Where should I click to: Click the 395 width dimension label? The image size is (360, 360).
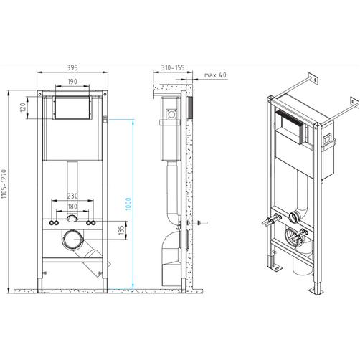[x=72, y=67]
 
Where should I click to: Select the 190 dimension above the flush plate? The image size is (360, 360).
[x=72, y=82]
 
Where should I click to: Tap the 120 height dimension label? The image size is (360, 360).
[x=23, y=108]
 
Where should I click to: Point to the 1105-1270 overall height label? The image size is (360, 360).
[x=4, y=184]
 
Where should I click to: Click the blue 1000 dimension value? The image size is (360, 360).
[x=128, y=204]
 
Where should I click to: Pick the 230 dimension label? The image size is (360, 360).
[x=72, y=196]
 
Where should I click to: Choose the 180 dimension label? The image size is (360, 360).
[x=72, y=207]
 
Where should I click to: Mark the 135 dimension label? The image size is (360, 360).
[x=122, y=230]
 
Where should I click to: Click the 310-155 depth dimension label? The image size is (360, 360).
[x=173, y=67]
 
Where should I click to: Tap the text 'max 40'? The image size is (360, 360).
[x=215, y=75]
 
